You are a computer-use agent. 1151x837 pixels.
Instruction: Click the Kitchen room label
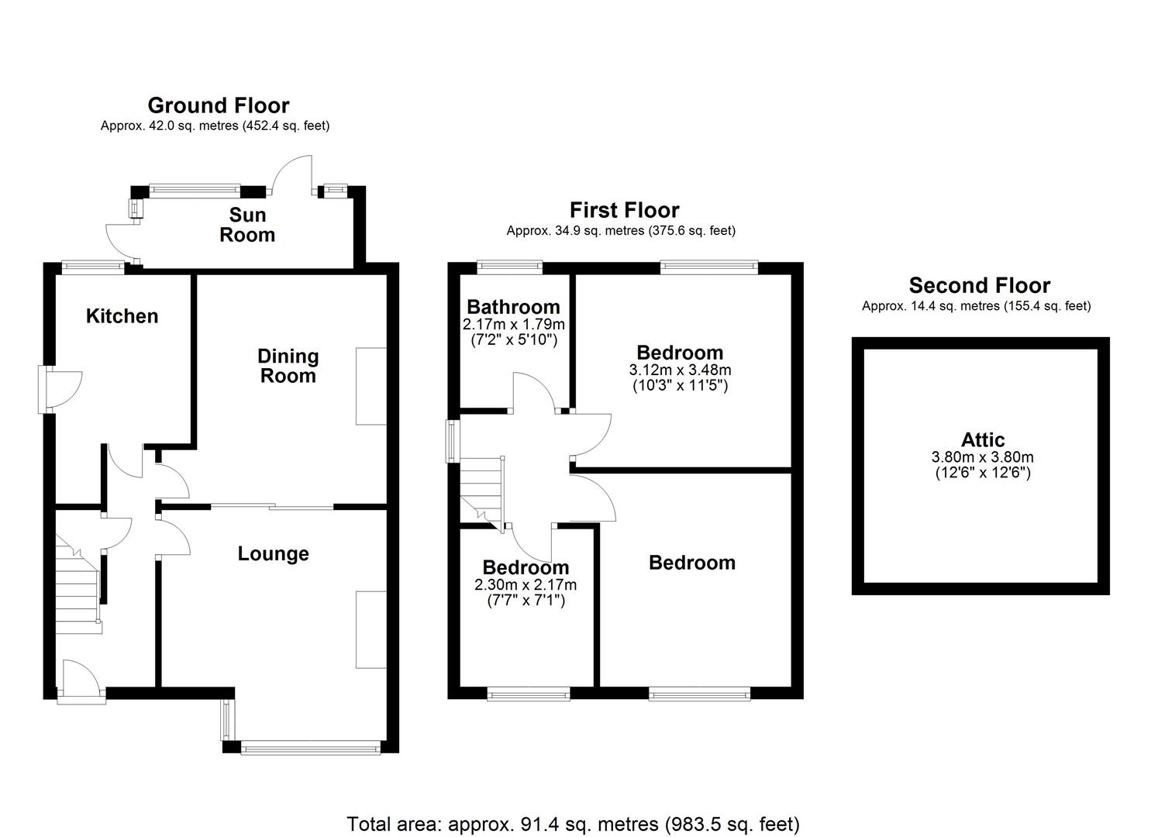[122, 316]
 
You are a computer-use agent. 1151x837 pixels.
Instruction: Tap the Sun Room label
[247, 225]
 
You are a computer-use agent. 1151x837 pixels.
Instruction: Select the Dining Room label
[288, 366]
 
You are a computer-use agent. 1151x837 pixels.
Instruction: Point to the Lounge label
[273, 554]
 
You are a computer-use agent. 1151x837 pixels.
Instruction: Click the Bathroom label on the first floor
[513, 307]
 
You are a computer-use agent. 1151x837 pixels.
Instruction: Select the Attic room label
[983, 440]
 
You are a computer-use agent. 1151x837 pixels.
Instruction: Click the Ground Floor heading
[219, 105]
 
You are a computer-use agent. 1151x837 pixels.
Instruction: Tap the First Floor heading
[624, 210]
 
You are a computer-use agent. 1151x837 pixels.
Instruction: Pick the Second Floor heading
[979, 285]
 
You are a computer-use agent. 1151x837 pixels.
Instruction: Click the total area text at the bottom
[573, 823]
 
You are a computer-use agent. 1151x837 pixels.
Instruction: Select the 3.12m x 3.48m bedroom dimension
[680, 370]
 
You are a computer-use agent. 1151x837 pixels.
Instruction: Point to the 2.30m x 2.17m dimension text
[525, 585]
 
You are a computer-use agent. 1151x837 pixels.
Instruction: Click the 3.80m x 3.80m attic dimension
[983, 457]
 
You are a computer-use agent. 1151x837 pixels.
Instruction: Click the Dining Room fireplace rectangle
[370, 386]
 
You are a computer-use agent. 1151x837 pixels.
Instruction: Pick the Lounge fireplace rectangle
[370, 629]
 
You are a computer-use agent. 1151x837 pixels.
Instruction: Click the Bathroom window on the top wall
[510, 267]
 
